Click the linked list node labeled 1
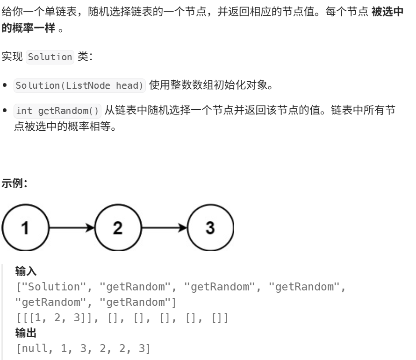point(25,228)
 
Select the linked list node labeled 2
point(117,228)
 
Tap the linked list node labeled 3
point(210,228)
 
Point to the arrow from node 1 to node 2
point(72,228)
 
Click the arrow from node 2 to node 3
point(164,228)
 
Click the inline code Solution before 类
point(50,57)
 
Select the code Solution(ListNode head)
point(80,86)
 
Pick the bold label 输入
point(26,271)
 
